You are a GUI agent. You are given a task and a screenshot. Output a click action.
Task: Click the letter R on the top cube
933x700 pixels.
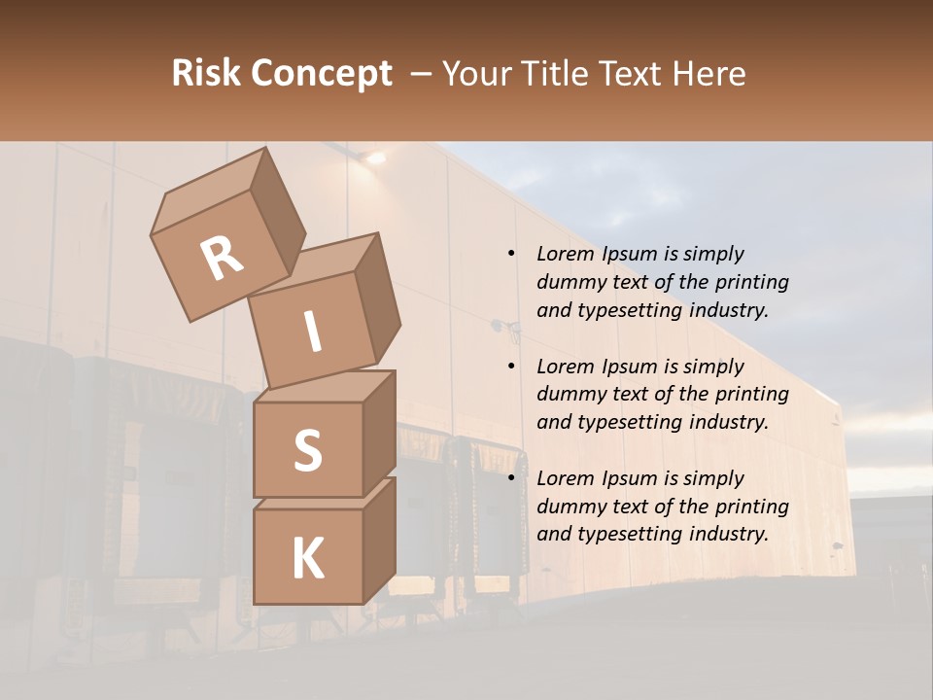[x=222, y=258]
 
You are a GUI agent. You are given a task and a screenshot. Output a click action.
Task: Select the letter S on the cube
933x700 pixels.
[x=307, y=450]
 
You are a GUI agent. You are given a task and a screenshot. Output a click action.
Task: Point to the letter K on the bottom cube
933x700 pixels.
[x=307, y=558]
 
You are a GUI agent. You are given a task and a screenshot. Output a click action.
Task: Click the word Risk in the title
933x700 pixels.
[x=206, y=73]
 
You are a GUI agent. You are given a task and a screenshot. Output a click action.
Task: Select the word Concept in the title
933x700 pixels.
[x=322, y=73]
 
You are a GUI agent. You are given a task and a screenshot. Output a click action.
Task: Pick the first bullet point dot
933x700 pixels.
[x=511, y=254]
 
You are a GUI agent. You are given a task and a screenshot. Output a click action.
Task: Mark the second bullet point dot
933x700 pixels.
[x=511, y=367]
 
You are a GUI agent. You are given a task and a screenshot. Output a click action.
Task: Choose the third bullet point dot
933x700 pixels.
[x=511, y=478]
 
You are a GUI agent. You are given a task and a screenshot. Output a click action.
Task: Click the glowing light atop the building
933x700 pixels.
[x=372, y=156]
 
